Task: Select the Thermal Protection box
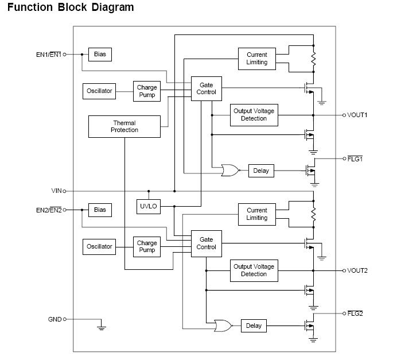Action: point(124,126)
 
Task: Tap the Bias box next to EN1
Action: point(100,54)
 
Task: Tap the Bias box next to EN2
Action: point(100,210)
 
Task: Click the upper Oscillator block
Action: point(99,91)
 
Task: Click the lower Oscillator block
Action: point(99,246)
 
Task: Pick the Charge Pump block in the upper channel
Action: point(147,91)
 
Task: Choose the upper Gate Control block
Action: point(206,88)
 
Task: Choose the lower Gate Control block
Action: point(206,243)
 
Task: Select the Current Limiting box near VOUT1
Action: point(256,59)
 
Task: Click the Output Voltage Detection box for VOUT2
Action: point(254,270)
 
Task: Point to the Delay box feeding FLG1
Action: point(261,171)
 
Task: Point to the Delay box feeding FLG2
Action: point(253,326)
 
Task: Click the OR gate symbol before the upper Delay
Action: point(230,171)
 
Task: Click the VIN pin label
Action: point(56,191)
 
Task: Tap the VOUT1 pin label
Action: point(357,115)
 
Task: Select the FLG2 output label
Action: point(355,313)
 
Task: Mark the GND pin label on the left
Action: point(55,319)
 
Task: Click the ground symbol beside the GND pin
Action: point(102,327)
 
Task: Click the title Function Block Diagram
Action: point(71,7)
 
